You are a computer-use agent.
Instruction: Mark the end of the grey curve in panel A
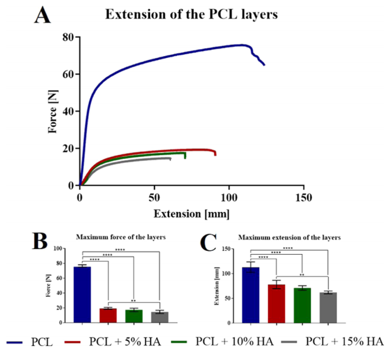[170, 158]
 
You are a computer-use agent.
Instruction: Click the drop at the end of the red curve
[215, 153]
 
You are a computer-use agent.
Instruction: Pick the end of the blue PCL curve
[264, 64]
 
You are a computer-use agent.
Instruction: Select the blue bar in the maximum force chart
[82, 294]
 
